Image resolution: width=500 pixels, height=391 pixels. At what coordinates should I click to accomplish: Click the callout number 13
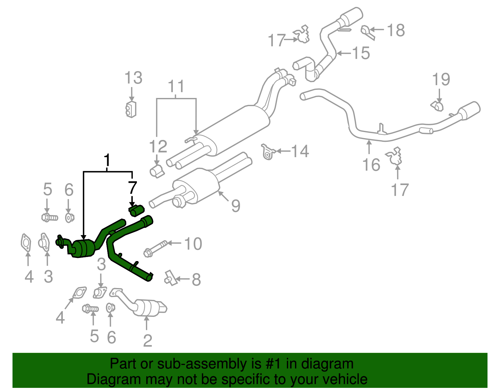[133, 78]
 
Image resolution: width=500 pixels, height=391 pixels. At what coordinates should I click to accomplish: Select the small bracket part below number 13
[131, 109]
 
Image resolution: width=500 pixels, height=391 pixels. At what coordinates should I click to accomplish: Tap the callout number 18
[396, 31]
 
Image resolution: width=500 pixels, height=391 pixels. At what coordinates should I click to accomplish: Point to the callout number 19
[441, 80]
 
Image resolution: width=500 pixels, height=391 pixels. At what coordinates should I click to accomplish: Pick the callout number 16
[371, 165]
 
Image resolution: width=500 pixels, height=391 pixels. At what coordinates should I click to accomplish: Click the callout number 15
[361, 53]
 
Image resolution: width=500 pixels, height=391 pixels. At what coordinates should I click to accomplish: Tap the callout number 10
[193, 244]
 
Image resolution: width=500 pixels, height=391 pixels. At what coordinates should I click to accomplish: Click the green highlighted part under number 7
[136, 210]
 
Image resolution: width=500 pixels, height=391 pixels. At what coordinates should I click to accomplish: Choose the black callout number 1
[107, 160]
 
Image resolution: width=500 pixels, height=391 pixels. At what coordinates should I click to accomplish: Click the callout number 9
[236, 206]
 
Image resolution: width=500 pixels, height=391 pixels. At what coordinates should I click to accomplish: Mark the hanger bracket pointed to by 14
[267, 152]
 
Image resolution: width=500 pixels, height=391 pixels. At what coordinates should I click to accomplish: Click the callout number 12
[158, 147]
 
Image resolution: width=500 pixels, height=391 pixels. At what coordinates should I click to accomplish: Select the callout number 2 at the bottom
[147, 341]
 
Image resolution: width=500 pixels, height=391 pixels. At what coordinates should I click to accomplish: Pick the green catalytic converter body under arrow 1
[83, 249]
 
